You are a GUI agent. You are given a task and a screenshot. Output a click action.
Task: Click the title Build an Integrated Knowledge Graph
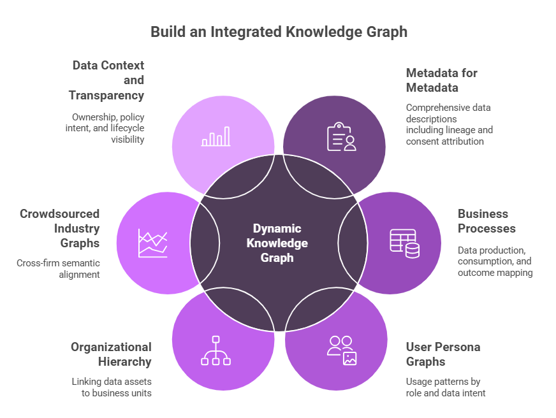coord(279,31)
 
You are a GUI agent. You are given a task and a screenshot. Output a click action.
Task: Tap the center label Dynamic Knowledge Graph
coord(277,243)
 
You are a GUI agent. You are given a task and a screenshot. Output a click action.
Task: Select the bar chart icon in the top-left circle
coord(216,136)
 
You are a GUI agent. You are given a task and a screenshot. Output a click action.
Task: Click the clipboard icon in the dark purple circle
coord(341,137)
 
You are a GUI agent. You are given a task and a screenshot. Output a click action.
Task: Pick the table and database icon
coord(404,243)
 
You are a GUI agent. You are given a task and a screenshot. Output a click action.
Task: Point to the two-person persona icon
coord(342,350)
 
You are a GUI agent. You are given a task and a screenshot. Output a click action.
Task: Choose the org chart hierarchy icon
coord(216,350)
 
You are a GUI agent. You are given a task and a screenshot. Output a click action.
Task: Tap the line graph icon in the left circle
coord(153,243)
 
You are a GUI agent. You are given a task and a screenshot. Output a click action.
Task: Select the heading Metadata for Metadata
coord(442,80)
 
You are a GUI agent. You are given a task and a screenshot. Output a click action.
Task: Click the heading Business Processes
coord(486,221)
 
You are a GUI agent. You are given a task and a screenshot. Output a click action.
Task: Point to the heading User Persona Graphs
coord(443,355)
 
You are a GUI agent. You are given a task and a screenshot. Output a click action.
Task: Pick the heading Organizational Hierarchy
coord(112,355)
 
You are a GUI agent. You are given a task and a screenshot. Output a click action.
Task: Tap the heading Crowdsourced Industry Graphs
coord(61,229)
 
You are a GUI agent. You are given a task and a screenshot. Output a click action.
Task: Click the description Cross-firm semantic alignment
coord(59,269)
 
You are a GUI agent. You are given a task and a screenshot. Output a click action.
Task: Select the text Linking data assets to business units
coord(112,387)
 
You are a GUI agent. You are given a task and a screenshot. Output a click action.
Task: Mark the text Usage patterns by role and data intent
coord(446,387)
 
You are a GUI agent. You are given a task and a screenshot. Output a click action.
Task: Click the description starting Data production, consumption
coord(494,262)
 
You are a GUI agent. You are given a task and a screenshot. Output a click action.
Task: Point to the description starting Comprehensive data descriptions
coord(449,124)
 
